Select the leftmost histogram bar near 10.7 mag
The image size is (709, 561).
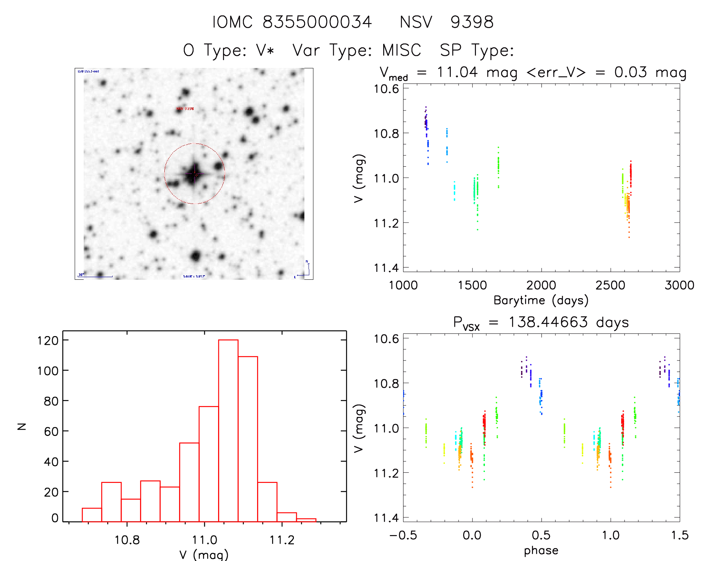click(x=92, y=515)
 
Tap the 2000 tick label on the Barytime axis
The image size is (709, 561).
click(x=541, y=285)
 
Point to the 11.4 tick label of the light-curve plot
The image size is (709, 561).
click(x=386, y=268)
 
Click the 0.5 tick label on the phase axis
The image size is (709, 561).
click(x=541, y=535)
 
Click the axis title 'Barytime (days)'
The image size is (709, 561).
click(x=541, y=300)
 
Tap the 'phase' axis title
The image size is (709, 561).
click(x=541, y=550)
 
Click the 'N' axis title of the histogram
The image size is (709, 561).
click(x=22, y=426)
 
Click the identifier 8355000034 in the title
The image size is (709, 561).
click(x=317, y=22)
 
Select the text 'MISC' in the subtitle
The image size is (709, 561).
click(x=402, y=50)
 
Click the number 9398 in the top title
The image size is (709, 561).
click(x=472, y=22)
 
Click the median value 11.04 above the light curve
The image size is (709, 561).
click(x=457, y=72)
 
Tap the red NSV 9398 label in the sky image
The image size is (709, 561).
click(x=185, y=109)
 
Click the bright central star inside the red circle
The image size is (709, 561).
click(x=194, y=174)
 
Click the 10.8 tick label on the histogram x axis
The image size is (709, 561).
click(x=127, y=540)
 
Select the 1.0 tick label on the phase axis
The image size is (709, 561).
click(x=610, y=535)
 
